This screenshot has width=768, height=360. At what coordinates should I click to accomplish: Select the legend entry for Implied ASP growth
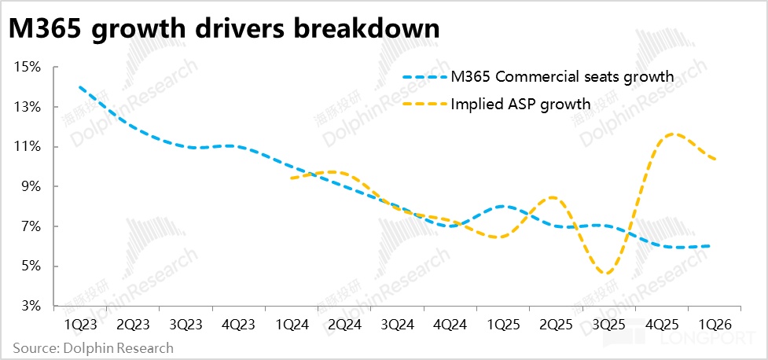[x=519, y=103]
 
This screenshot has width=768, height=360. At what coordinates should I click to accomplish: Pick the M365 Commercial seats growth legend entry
[x=562, y=77]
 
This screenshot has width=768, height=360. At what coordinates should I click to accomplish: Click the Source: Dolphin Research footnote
[x=92, y=347]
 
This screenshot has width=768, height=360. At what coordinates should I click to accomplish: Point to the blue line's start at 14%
[x=80, y=86]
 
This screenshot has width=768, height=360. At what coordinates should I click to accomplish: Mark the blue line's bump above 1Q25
[x=503, y=206]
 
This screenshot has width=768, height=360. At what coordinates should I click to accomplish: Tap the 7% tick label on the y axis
[x=31, y=226]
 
